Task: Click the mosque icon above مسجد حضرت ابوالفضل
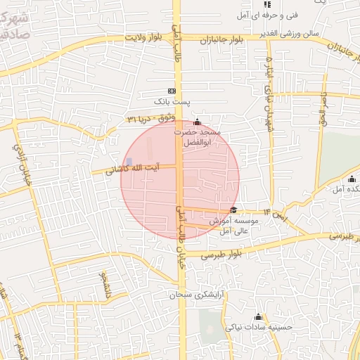tap(197, 122)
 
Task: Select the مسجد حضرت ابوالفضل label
tap(202, 137)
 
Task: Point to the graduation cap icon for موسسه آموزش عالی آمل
tap(233, 210)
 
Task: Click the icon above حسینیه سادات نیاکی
tap(258, 316)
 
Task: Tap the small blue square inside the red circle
tap(129, 162)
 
